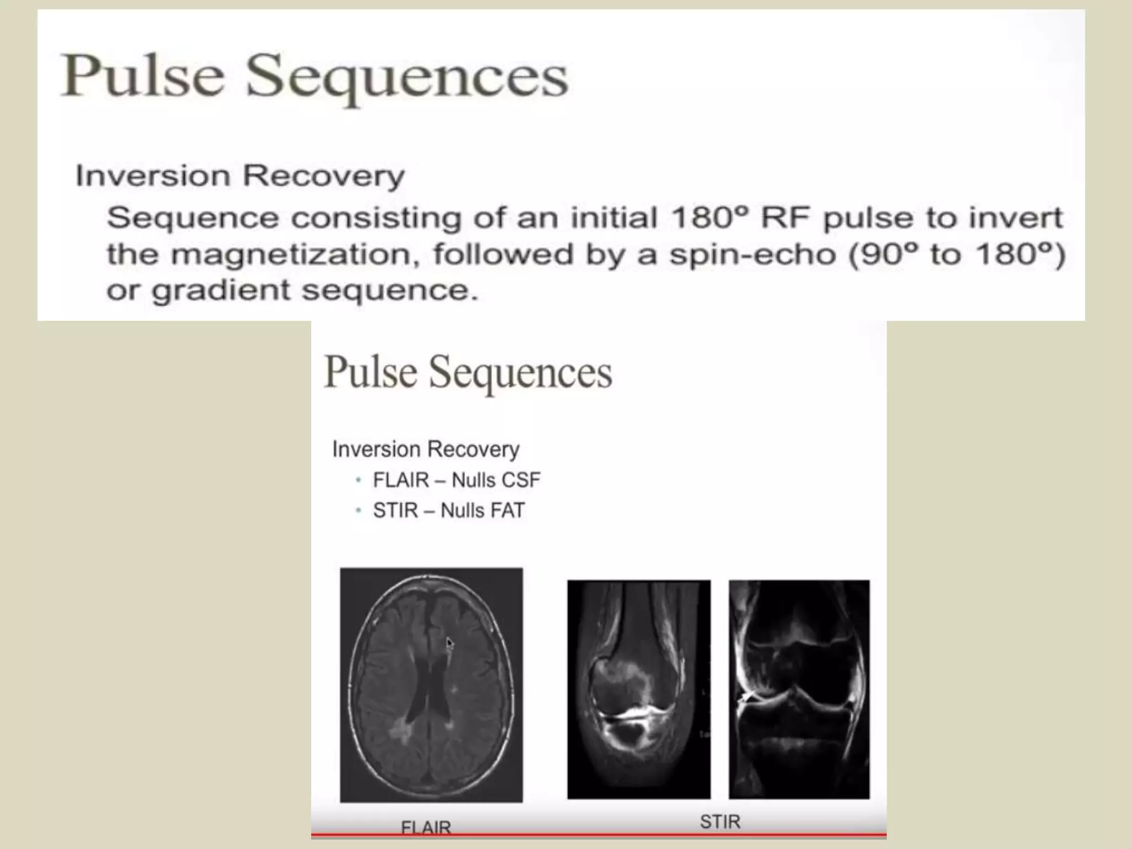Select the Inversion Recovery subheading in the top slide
240,176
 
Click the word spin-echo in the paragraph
752,254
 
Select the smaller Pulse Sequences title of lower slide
468,372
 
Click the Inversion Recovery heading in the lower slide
426,449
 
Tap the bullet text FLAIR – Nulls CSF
457,480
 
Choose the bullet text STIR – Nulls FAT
448,510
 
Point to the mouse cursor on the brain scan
449,643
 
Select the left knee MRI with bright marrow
638,689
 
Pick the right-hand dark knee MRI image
799,689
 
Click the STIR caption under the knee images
720,822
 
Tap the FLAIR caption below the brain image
426,827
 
